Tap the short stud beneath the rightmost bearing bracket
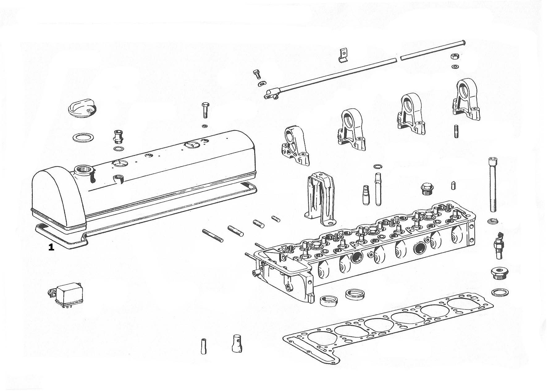pos(457,131)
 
